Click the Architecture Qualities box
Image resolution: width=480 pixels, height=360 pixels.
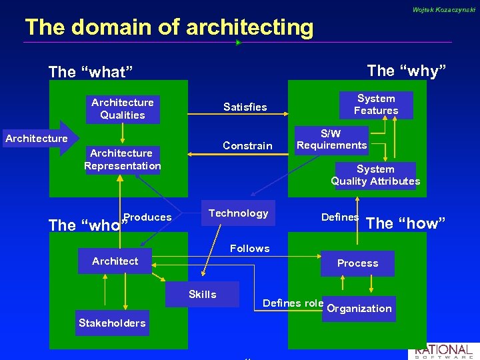[x=122, y=109]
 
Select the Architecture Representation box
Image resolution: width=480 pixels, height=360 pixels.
[x=122, y=159]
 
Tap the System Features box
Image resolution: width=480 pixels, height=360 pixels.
[x=376, y=105]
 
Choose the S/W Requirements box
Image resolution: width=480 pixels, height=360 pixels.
[x=331, y=140]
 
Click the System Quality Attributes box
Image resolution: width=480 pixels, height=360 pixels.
[x=375, y=175]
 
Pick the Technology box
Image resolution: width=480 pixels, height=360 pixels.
[x=238, y=213]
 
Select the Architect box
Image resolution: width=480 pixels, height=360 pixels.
[x=115, y=261]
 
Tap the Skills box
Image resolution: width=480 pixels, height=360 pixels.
[x=202, y=295]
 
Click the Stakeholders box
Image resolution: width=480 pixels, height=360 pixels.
[x=112, y=323]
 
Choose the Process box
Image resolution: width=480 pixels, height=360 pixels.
[x=357, y=263]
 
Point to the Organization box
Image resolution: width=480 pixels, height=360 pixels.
[x=359, y=309]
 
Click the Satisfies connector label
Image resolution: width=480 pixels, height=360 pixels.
[x=245, y=107]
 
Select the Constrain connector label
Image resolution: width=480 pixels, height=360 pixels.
[x=247, y=146]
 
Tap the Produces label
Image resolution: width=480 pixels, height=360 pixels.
[x=148, y=217]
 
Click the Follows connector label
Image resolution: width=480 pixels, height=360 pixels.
[x=249, y=249]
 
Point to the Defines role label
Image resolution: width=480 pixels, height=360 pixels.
[x=293, y=303]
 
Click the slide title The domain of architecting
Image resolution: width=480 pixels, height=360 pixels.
[x=169, y=27]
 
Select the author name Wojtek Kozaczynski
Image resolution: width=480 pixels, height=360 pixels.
[x=444, y=10]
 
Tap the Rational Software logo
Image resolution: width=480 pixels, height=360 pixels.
[x=443, y=351]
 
